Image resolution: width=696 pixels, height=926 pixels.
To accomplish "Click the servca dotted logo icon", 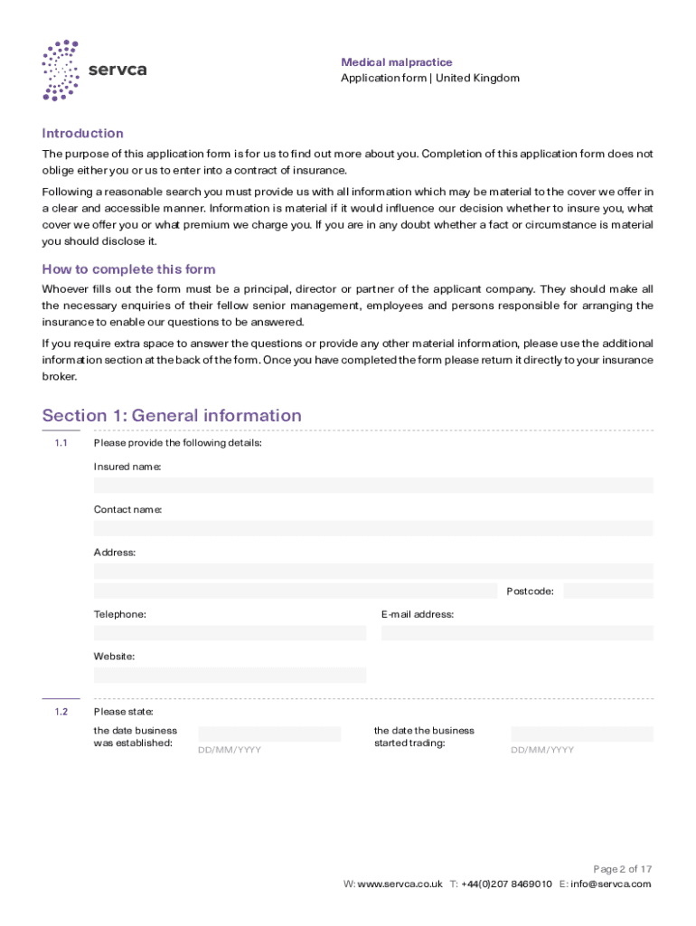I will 61,70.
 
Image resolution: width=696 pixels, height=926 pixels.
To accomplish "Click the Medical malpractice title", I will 396,62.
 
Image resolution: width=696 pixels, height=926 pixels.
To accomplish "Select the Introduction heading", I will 82,133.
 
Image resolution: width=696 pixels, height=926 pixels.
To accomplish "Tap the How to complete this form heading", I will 128,269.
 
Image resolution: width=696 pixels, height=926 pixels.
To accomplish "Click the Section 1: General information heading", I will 172,416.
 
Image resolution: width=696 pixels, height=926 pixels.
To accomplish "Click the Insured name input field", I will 372,486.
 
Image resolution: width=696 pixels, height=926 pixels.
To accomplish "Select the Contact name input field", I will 372,528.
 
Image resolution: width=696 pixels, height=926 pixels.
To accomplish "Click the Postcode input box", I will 607,591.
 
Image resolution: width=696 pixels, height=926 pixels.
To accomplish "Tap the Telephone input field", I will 230,633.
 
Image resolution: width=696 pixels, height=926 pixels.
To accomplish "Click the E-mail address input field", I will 516,633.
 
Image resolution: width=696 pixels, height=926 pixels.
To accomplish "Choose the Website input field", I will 230,676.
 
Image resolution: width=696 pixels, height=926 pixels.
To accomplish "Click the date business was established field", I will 269,734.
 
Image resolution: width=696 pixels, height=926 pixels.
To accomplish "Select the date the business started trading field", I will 581,734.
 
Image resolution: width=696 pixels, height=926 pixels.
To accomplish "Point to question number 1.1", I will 61,443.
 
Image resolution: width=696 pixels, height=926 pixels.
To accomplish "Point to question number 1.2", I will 61,712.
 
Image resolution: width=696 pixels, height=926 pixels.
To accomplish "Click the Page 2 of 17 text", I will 621,869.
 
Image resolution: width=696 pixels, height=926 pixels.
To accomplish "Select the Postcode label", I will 530,591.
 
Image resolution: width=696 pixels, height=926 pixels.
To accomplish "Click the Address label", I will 115,553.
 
